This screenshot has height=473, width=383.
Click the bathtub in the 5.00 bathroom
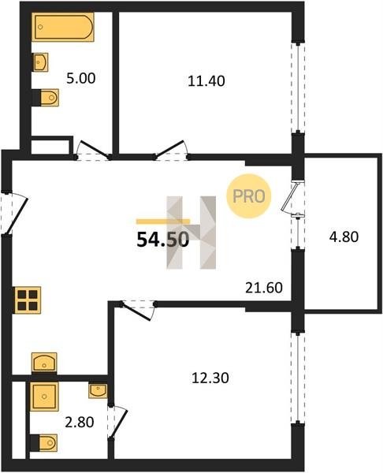pyautogui.click(x=63, y=27)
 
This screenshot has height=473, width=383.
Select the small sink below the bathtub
pyautogui.click(x=40, y=62)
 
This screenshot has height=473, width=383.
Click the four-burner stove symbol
pyautogui.click(x=28, y=300)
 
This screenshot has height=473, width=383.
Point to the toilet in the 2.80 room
pyautogui.click(x=43, y=443)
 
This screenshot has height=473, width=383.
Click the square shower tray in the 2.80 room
pyautogui.click(x=44, y=397)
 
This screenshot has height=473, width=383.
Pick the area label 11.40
pyautogui.click(x=206, y=81)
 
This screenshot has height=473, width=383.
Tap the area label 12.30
pyautogui.click(x=210, y=378)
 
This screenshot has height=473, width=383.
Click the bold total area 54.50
pyautogui.click(x=163, y=240)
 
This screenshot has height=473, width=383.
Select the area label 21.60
pyautogui.click(x=264, y=288)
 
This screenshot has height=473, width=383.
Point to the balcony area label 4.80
pyautogui.click(x=344, y=236)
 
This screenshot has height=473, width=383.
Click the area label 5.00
pyautogui.click(x=81, y=78)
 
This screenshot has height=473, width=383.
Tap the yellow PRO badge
pyautogui.click(x=249, y=196)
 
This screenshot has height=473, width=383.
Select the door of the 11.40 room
pyautogui.click(x=169, y=148)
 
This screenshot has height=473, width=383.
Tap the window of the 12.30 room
pyautogui.click(x=298, y=378)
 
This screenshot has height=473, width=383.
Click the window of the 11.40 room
pyautogui.click(x=298, y=88)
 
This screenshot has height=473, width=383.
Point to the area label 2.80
pyautogui.click(x=80, y=422)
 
